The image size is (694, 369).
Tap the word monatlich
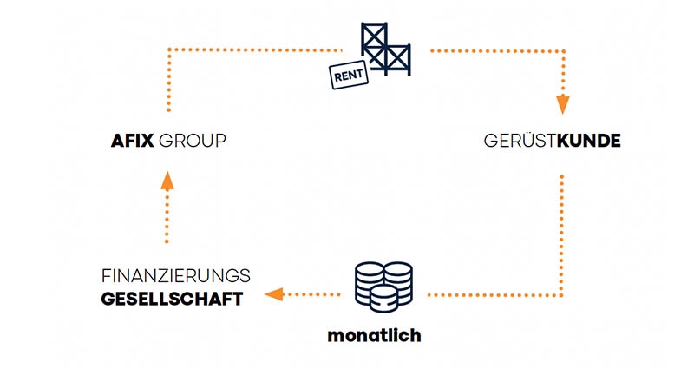pyautogui.click(x=374, y=335)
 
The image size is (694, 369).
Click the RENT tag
pyautogui.click(x=346, y=76)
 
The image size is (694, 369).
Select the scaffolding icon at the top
pyautogui.click(x=387, y=48)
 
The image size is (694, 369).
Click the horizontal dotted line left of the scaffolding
pyautogui.click(x=252, y=50)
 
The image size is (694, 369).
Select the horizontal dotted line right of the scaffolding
pyautogui.click(x=494, y=50)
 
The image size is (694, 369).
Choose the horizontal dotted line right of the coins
pyautogui.click(x=494, y=295)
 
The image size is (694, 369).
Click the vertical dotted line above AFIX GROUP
pyautogui.click(x=168, y=82)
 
